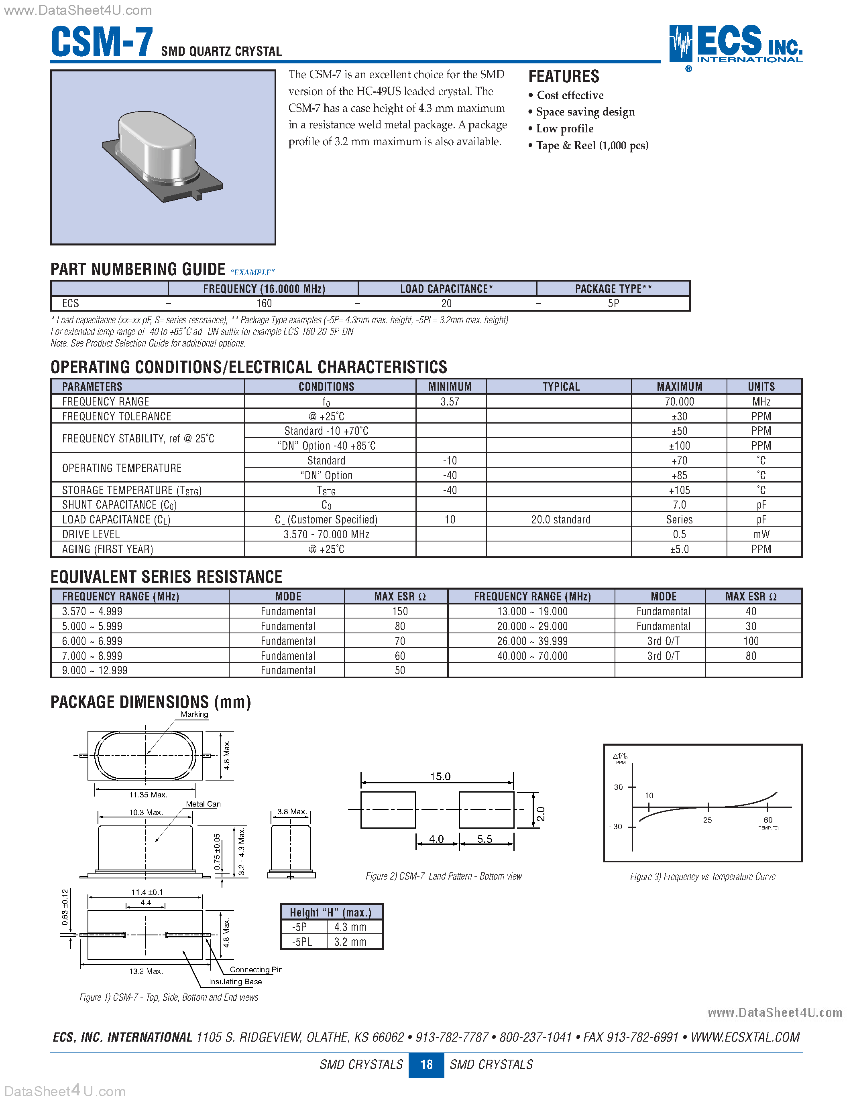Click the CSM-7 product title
click(102, 43)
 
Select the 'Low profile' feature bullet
click(564, 129)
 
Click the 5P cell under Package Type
click(613, 304)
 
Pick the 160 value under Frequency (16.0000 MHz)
click(264, 304)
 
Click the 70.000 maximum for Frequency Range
click(679, 401)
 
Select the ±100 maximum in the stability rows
click(679, 446)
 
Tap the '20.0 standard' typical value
click(560, 520)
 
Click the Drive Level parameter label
click(91, 534)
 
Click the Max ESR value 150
click(400, 612)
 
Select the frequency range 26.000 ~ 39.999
click(531, 641)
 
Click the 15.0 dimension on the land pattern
click(440, 776)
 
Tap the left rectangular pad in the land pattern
click(388, 809)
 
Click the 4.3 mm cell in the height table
click(350, 927)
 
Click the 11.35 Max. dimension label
click(148, 795)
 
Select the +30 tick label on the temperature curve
click(615, 787)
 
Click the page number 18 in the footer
click(426, 1064)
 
